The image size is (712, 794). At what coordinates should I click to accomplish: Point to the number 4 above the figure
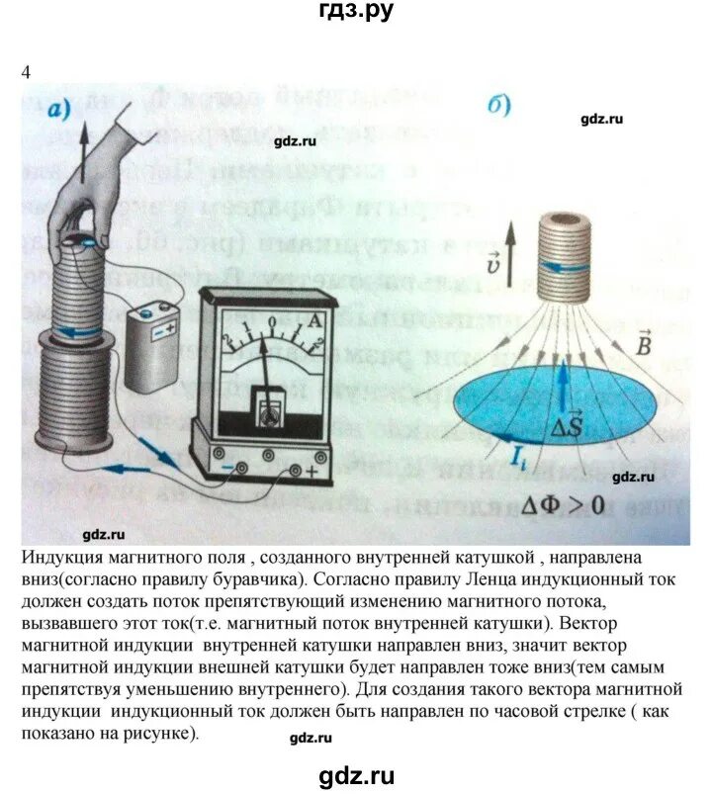point(26,71)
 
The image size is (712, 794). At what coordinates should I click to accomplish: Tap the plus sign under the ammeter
point(312,471)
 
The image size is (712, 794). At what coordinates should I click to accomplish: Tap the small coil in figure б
point(570,260)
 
